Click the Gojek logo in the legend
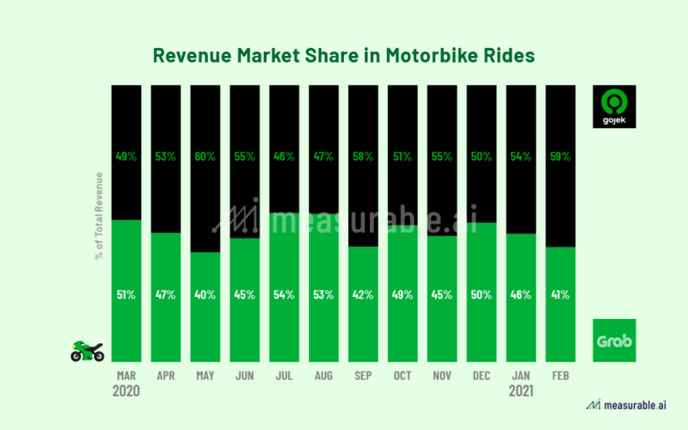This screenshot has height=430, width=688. (x=614, y=107)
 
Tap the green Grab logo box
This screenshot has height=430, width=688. (x=614, y=341)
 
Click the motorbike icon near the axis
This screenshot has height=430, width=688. (x=87, y=351)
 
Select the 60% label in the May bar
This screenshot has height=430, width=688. (x=205, y=157)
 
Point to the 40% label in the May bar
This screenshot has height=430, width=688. (x=205, y=295)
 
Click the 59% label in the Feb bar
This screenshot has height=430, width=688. (x=561, y=157)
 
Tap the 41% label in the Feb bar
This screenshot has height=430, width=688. (x=561, y=295)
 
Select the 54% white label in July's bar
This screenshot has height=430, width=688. (x=284, y=295)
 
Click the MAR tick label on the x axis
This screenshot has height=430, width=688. (x=126, y=376)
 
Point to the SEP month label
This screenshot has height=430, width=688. (x=363, y=376)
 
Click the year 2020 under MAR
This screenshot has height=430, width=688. (x=126, y=390)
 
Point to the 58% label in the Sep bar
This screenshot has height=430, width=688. (x=363, y=157)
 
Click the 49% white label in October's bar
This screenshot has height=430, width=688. (x=402, y=295)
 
